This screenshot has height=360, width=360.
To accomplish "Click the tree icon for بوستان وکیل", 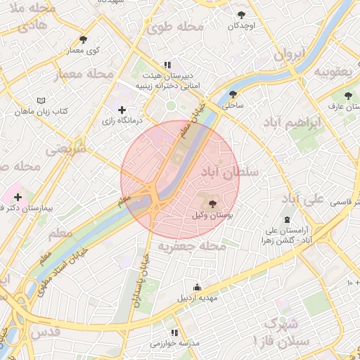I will pos(213,204).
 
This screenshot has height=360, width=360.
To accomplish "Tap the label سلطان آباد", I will pos(230,171).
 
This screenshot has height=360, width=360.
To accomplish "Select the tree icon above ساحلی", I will pos(233,95).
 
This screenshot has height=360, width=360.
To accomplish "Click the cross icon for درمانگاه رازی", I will pos(123,110).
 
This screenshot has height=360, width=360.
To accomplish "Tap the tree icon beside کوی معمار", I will pos(84,39).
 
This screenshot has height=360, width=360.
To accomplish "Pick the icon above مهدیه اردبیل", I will pos(197,287).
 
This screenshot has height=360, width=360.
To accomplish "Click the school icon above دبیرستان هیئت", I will pos(167,63).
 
